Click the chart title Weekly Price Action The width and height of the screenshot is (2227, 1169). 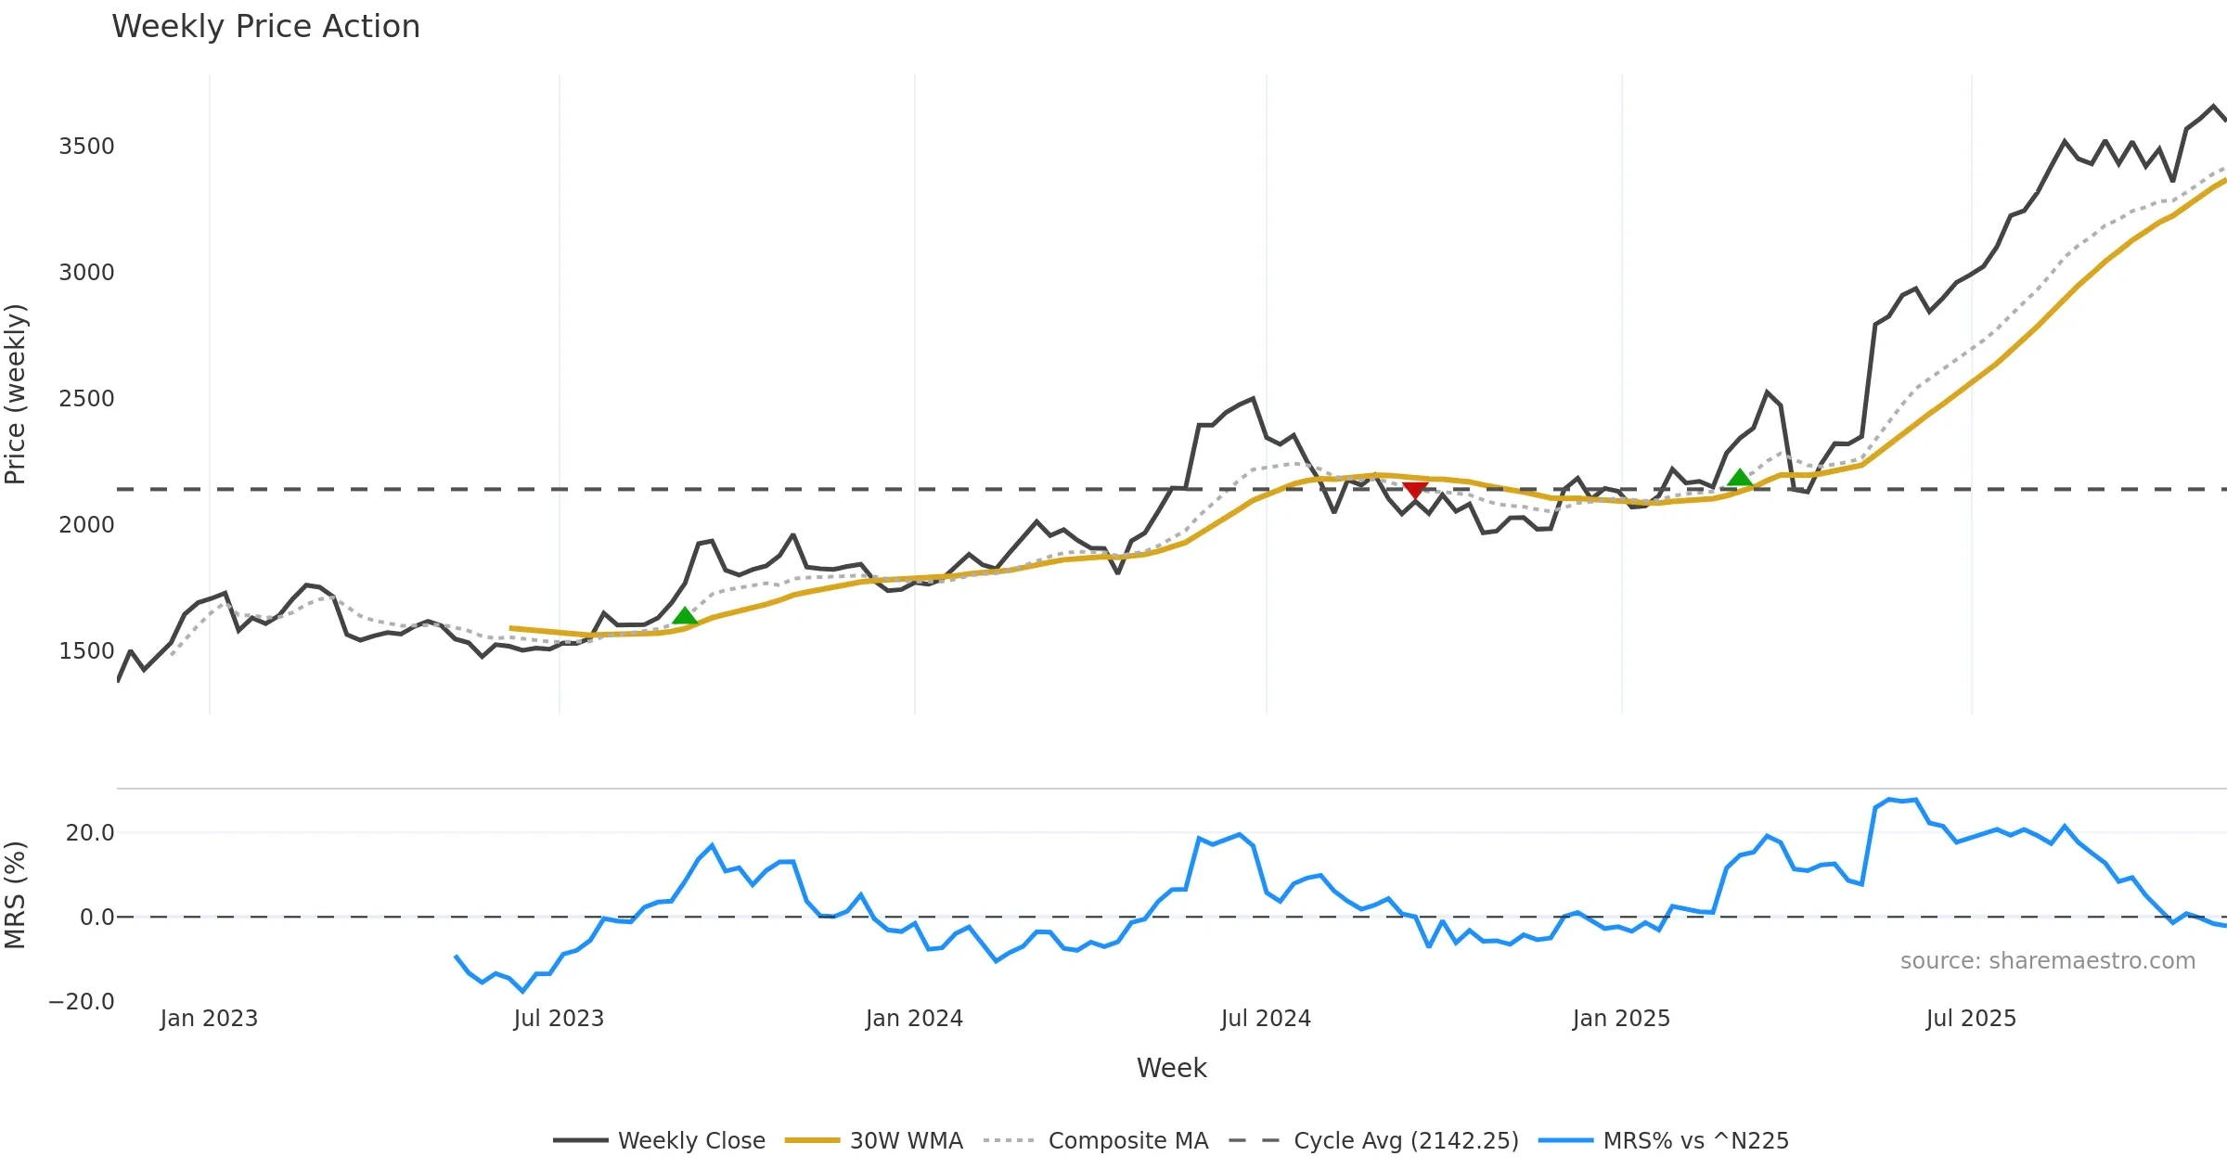(x=265, y=27)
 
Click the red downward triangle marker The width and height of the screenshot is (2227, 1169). (x=1415, y=490)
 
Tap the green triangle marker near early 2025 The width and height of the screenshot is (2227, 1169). (x=1740, y=478)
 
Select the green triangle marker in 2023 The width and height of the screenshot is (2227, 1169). (x=685, y=616)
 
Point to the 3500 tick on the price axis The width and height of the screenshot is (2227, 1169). (x=86, y=147)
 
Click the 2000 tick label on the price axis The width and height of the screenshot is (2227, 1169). (x=86, y=525)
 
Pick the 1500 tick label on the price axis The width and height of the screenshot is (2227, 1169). (x=86, y=651)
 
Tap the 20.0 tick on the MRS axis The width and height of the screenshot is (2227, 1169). (x=90, y=833)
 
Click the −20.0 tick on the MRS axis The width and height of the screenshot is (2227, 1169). (x=82, y=1002)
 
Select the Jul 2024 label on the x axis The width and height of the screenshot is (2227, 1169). (x=1266, y=1019)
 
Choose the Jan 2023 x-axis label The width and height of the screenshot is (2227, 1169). (x=209, y=1019)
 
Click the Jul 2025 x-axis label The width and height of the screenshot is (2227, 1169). (x=1971, y=1019)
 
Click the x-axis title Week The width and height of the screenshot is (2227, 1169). (x=1171, y=1069)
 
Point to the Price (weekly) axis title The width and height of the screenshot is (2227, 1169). (x=16, y=394)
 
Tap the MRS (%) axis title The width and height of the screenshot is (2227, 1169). (x=16, y=895)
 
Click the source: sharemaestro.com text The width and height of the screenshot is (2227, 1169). (x=2047, y=961)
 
